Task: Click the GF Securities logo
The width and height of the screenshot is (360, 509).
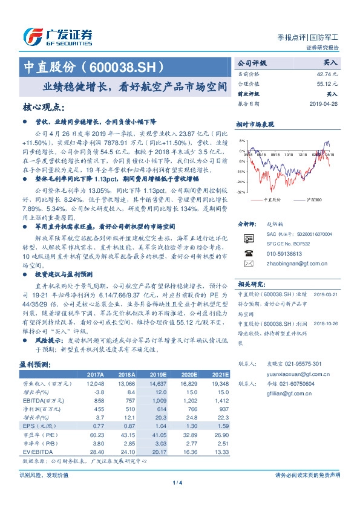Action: click(x=57, y=37)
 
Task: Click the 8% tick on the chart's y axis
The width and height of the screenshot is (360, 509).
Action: click(x=242, y=141)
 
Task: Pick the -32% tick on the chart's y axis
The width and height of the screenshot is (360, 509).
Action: click(x=241, y=192)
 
